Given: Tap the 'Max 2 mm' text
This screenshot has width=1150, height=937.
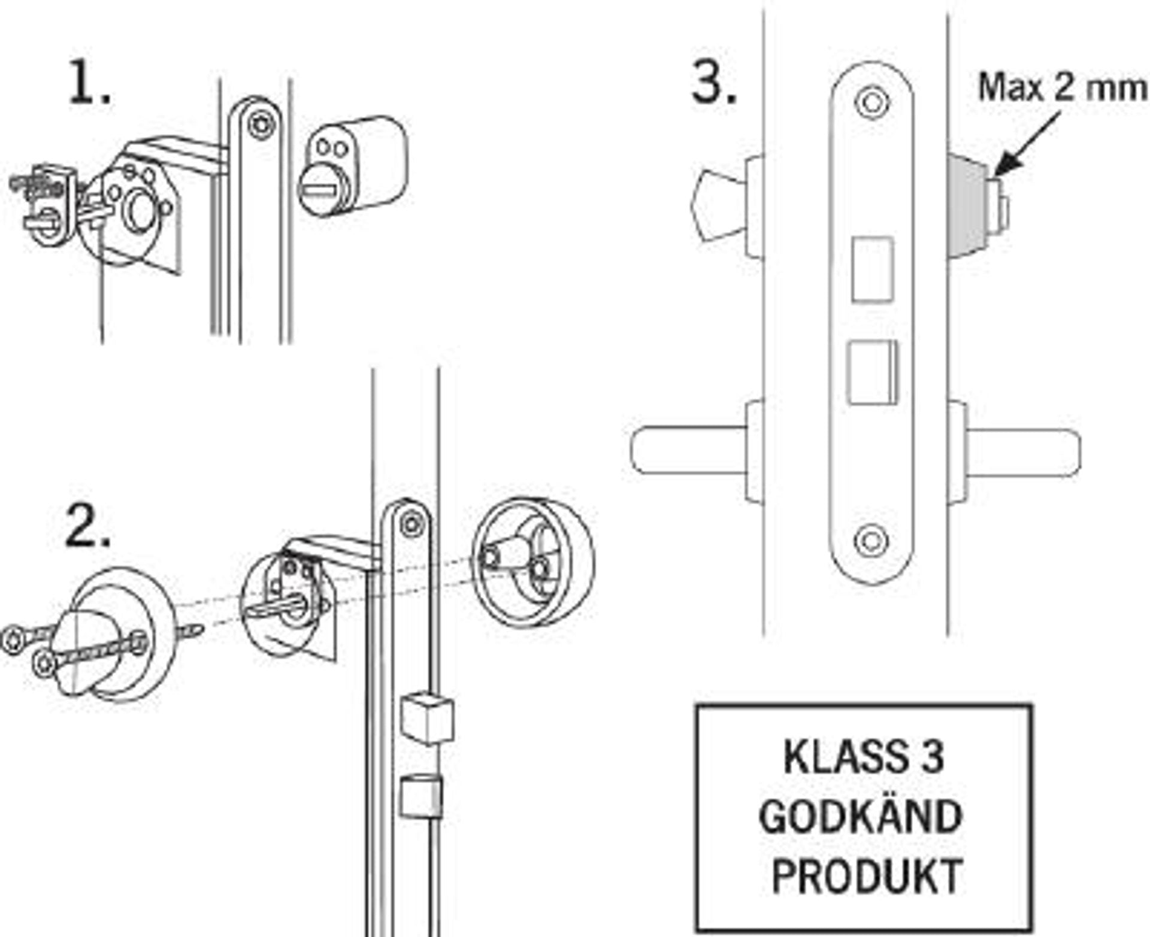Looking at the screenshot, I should [x=1062, y=87].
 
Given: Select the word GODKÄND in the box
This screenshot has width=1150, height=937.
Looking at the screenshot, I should [x=860, y=817].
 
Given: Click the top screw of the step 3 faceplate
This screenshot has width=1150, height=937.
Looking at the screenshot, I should [x=871, y=102].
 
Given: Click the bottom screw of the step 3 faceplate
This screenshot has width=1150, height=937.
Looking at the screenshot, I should [x=871, y=541].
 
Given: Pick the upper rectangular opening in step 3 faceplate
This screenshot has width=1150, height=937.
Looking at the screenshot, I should [x=873, y=268].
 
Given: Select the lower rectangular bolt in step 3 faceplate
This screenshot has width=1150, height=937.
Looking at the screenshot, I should [x=871, y=372].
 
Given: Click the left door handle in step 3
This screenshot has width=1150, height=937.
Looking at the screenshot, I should [x=689, y=450].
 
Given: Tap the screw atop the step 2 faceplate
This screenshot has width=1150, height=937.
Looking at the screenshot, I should [x=411, y=524].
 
